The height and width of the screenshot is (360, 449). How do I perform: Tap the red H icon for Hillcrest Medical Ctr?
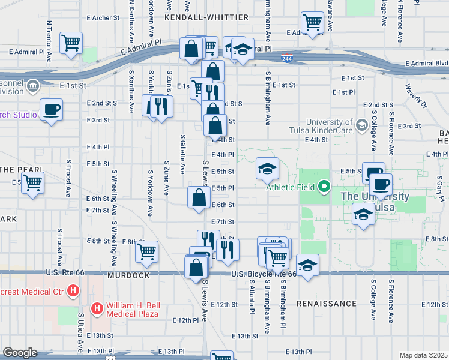pos(73,292)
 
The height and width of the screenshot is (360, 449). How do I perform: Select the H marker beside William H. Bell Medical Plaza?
pos(97,309)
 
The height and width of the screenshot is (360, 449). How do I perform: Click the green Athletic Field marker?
pos(324,187)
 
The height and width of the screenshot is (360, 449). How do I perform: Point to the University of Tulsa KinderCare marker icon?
pos(361,125)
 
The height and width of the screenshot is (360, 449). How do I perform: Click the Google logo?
pos(20,353)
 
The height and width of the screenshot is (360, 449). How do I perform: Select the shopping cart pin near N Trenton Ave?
pos(71,43)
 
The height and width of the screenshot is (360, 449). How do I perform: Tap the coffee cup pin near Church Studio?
pos(51,110)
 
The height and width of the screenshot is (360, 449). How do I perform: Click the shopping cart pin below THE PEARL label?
pos(33,182)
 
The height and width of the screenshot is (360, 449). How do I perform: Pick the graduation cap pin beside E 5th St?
pos(268,167)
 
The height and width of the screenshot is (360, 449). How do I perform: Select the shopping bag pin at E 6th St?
pos(199,197)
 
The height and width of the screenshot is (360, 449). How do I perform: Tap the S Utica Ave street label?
pos(80,332)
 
